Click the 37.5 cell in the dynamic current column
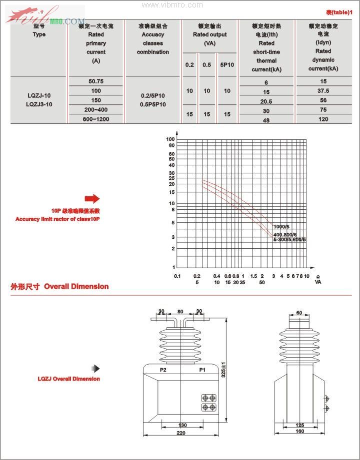tap(323, 91)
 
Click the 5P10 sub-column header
tap(227, 64)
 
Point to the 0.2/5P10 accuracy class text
tap(153, 94)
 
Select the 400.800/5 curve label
tap(285, 234)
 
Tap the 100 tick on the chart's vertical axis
tap(170, 139)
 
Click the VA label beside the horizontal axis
tap(318, 282)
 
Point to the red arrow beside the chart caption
tap(92, 199)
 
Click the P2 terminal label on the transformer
tap(163, 370)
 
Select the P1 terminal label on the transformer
tap(202, 370)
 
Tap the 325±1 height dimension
tap(224, 370)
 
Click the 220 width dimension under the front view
tap(181, 433)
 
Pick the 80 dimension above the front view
tap(180, 311)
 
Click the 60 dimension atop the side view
tap(299, 313)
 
